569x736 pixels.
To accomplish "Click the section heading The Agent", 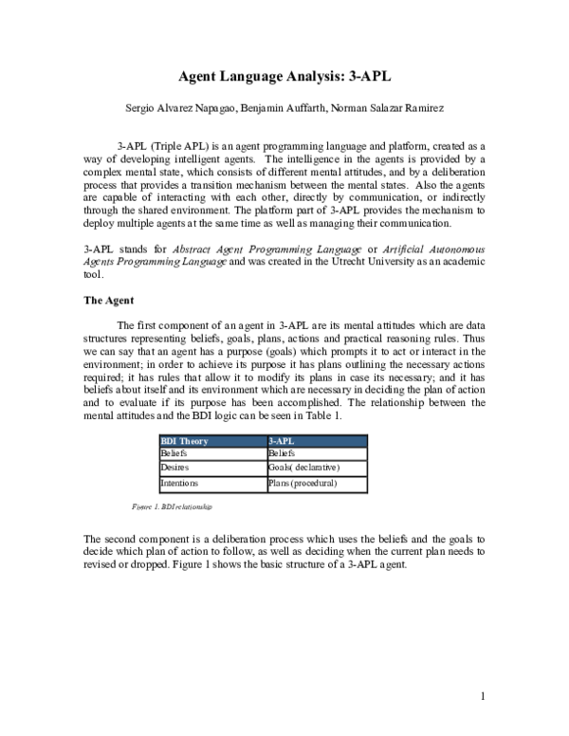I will click(x=110, y=301).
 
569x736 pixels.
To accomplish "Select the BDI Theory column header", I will click(x=185, y=441).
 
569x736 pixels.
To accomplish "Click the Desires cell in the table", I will click(x=174, y=468).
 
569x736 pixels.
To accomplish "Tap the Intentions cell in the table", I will click(x=179, y=483).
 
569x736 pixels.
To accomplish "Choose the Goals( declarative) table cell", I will click(x=303, y=468).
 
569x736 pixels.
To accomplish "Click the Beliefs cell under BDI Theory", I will click(x=174, y=454).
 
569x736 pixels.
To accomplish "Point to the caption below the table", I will click(x=173, y=507).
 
